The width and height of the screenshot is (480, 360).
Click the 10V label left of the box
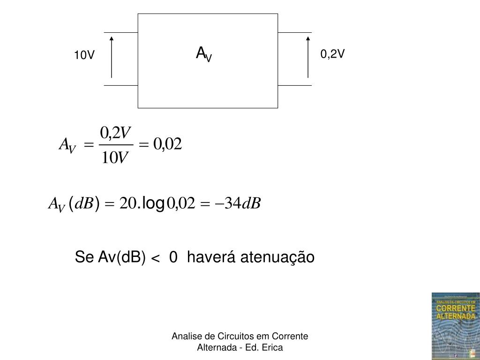point(84,56)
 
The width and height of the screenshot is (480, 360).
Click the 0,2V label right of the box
point(332,54)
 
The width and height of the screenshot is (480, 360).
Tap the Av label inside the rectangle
point(204,54)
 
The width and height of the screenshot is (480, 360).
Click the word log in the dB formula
point(153,203)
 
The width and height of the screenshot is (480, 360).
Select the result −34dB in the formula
point(237,203)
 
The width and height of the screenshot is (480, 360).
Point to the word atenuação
point(277,257)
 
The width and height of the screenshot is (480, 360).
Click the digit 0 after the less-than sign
point(173,257)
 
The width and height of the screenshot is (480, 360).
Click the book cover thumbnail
point(455,326)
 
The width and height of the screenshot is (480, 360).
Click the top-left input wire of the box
point(120,33)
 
